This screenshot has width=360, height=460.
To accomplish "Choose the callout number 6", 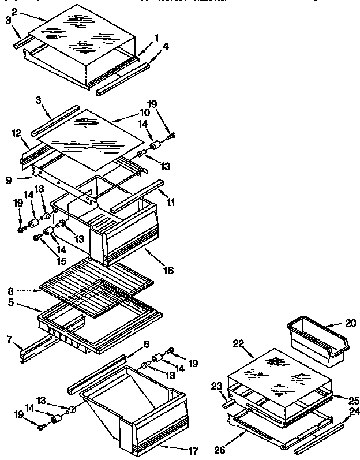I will tap(147, 344).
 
